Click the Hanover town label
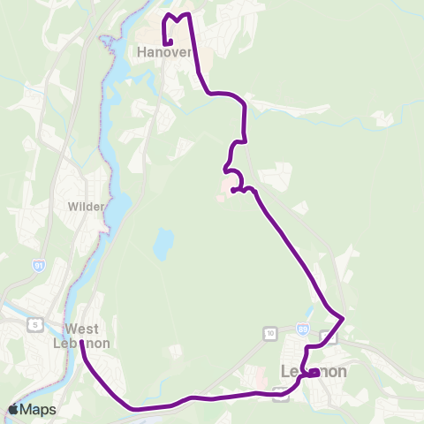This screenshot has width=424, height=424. pos(164,53)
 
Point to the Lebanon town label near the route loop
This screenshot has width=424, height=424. pos(314,372)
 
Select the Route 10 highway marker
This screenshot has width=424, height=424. pos(269,333)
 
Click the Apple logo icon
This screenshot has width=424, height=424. pos(14,409)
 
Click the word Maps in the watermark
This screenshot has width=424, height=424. pos(40,409)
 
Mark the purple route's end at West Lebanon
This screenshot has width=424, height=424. pos(81,342)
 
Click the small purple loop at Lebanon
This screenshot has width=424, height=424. pos(313,373)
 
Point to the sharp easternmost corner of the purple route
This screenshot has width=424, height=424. pos(343,317)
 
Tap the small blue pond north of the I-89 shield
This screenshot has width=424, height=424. pos(311,313)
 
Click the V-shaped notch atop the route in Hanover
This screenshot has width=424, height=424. pos(178,18)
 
